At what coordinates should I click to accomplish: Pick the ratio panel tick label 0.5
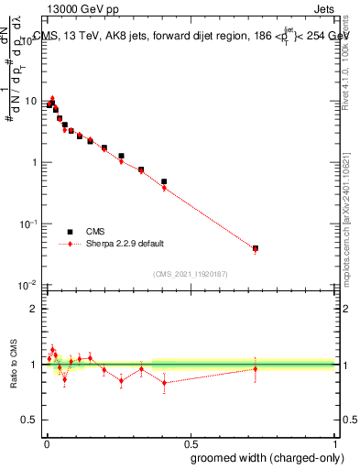coord(29,421)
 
